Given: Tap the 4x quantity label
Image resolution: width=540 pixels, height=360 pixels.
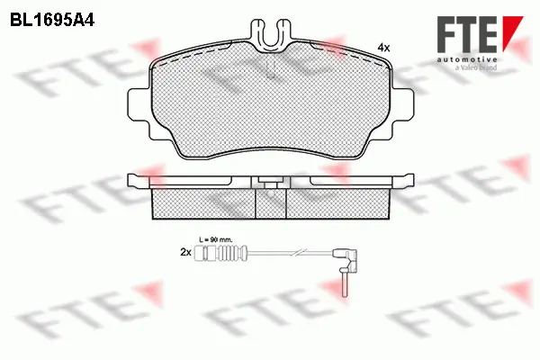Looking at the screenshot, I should [382, 46].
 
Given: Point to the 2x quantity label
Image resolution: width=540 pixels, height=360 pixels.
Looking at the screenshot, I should [186, 255].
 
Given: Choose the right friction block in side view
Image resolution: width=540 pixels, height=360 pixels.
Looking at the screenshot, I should [338, 204].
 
